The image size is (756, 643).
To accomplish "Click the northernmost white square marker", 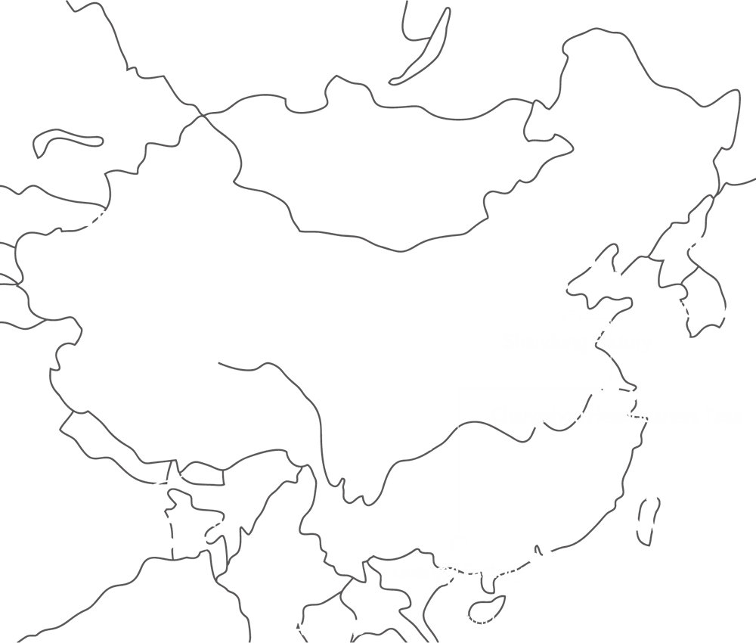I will (572, 316).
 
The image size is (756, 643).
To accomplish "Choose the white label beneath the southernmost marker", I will (457, 573).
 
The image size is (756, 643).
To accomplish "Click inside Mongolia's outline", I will (378, 166).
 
